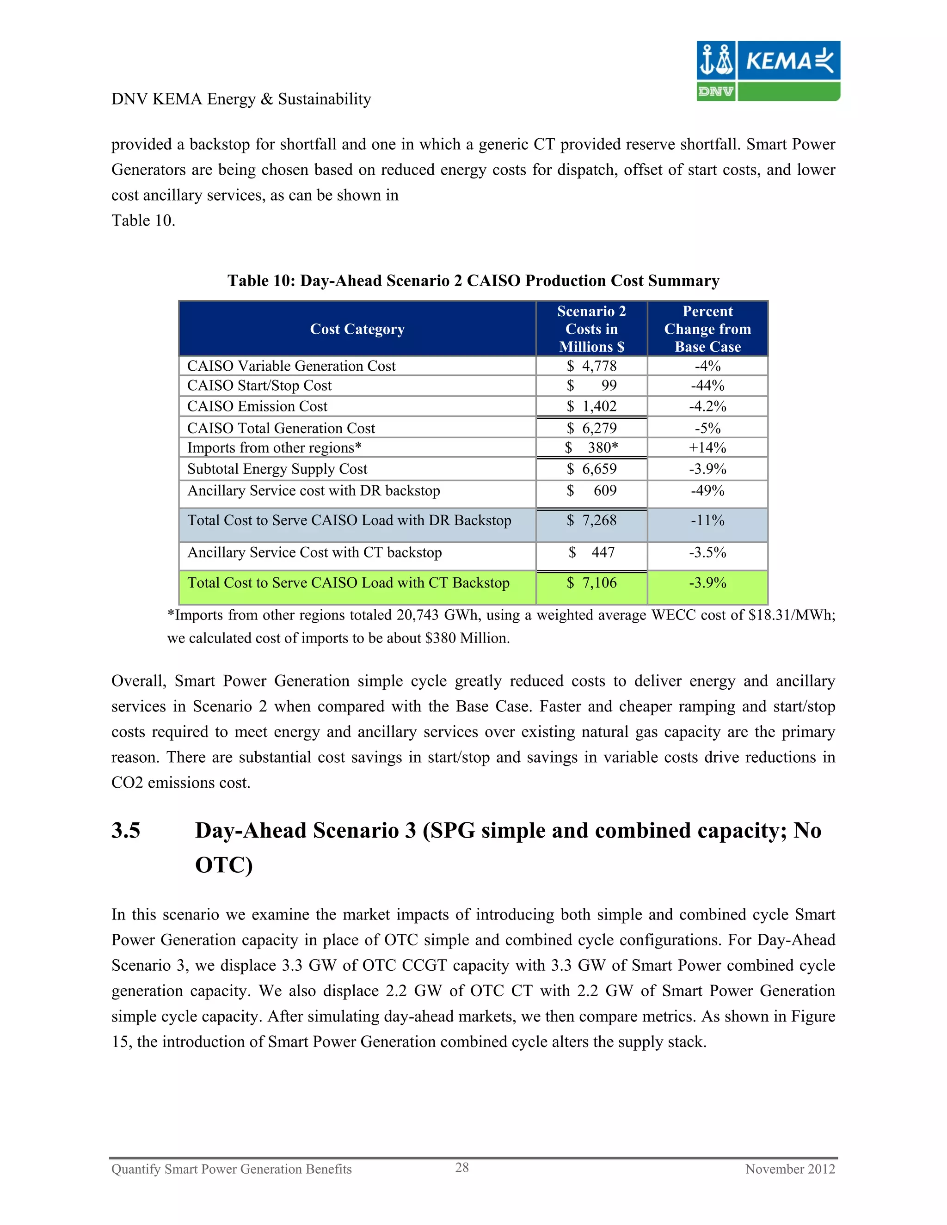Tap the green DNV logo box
point(715,92)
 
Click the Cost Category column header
point(357,329)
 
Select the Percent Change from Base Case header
point(707,329)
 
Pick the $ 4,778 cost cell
point(591,366)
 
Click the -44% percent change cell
point(707,386)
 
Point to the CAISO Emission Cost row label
point(257,407)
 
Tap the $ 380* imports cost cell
point(591,447)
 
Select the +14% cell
point(707,447)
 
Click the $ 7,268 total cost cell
point(591,521)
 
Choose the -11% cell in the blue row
point(707,521)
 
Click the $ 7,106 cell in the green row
point(591,583)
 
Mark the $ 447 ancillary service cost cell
point(591,552)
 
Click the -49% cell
point(707,491)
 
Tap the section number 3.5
point(126,831)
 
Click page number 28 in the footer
point(462,1167)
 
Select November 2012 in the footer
point(789,1169)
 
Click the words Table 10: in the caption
point(261,281)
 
